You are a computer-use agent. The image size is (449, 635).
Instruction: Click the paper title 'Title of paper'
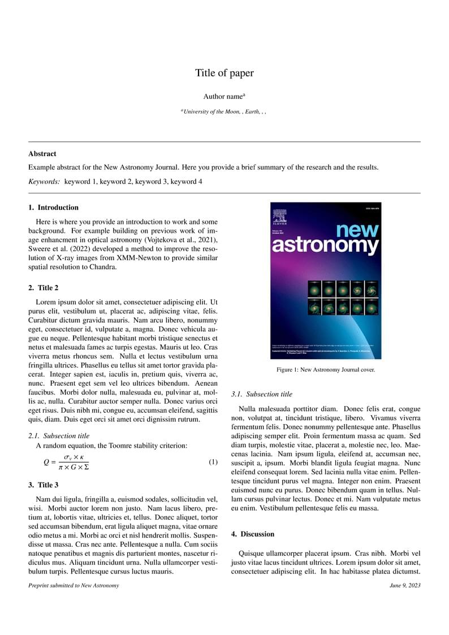click(x=225, y=73)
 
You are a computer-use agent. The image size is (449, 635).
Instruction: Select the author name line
click(x=224, y=97)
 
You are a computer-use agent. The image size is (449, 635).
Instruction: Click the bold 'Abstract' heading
click(x=42, y=154)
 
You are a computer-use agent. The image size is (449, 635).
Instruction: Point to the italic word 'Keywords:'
click(x=44, y=182)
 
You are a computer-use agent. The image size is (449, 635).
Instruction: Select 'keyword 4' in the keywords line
click(x=186, y=182)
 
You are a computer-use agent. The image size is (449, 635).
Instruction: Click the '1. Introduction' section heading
click(x=54, y=208)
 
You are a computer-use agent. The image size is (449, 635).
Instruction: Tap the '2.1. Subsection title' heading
click(x=59, y=436)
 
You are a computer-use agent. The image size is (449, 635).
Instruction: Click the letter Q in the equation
click(x=46, y=462)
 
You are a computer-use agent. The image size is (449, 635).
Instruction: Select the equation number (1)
click(x=213, y=462)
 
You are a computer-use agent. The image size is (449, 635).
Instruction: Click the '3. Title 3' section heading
click(x=44, y=485)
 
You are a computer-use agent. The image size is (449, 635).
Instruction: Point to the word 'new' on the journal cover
click(x=357, y=231)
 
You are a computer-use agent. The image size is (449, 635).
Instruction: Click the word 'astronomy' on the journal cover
click(x=325, y=245)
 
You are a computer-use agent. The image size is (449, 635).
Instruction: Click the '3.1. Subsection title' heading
click(x=262, y=394)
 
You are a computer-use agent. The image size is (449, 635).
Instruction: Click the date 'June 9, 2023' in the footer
click(x=405, y=585)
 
